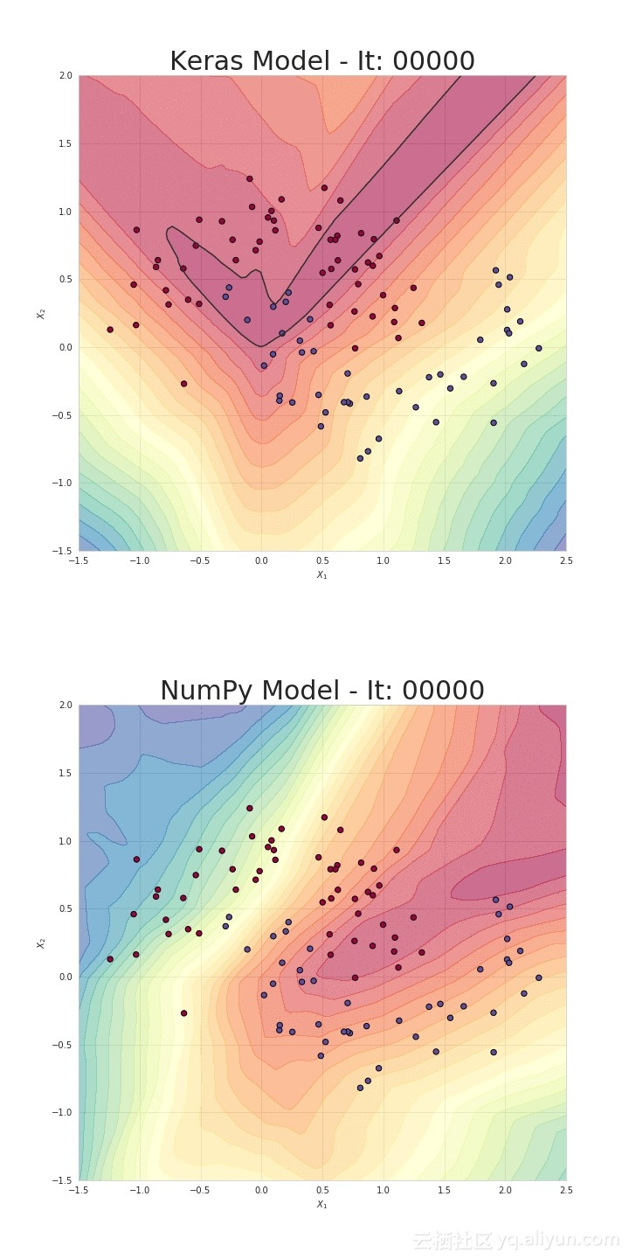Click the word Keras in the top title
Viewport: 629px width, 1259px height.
206,62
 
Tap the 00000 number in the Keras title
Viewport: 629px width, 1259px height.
433,62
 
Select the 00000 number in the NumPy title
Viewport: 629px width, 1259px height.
443,692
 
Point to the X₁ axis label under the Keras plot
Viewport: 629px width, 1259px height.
322,574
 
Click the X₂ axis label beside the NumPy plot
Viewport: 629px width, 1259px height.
40,943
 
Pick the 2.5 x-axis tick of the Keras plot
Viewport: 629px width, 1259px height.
566,560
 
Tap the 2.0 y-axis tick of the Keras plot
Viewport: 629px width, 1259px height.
66,76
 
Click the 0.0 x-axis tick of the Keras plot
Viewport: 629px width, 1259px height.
261,560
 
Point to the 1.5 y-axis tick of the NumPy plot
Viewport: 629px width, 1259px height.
66,774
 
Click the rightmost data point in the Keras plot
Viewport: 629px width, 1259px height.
538,348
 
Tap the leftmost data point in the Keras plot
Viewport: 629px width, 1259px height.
110,330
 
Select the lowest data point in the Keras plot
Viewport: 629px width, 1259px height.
360,458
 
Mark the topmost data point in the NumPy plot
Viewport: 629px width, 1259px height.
249,808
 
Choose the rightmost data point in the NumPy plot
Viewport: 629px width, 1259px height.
538,977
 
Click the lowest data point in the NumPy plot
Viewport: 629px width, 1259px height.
360,1088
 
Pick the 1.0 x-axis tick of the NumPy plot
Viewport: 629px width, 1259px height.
383,1190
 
